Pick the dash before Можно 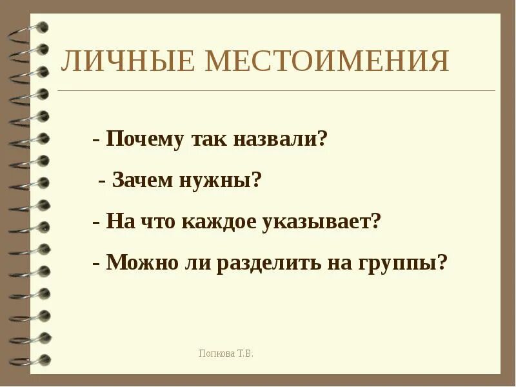click(x=96, y=264)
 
